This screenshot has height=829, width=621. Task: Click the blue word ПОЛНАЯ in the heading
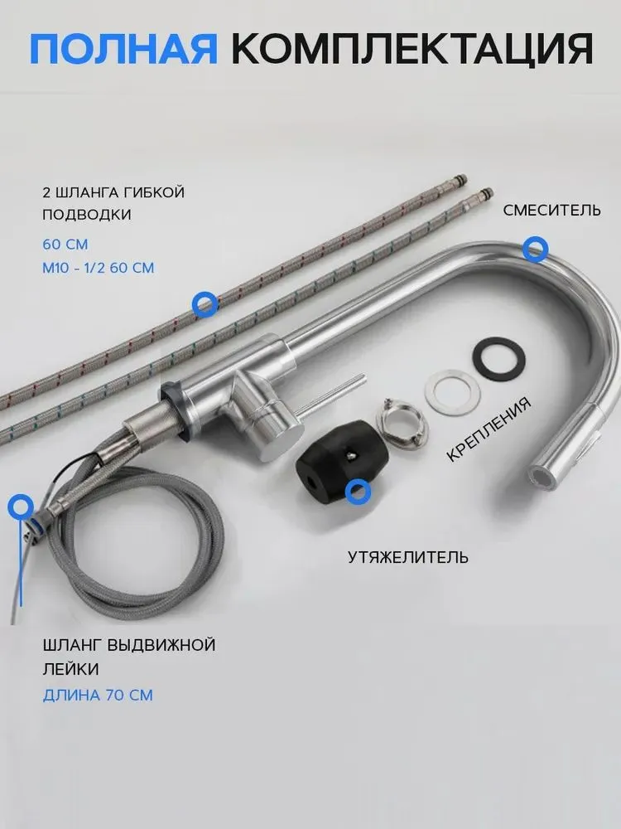[x=123, y=49]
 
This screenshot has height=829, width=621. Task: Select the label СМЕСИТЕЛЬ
[x=551, y=210]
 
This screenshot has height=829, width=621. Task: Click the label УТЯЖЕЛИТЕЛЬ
[x=407, y=557]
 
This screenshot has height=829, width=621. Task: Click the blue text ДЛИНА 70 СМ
[x=98, y=695]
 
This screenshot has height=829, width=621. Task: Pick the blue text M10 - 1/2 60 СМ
[x=99, y=268]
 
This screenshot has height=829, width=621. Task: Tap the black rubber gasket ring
[x=498, y=359]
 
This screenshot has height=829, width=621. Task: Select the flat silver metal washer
[x=453, y=392]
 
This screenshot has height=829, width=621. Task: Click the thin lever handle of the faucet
[x=330, y=395]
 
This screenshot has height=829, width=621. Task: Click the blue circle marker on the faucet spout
[x=536, y=249]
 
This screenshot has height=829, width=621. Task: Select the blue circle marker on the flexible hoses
[x=205, y=304]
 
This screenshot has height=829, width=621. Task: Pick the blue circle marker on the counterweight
[x=358, y=492]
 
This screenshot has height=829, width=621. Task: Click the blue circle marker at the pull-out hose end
[x=21, y=507]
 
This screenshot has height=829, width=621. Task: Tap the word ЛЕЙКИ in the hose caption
[x=70, y=669]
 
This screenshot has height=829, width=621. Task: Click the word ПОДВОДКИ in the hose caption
[x=87, y=215]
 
